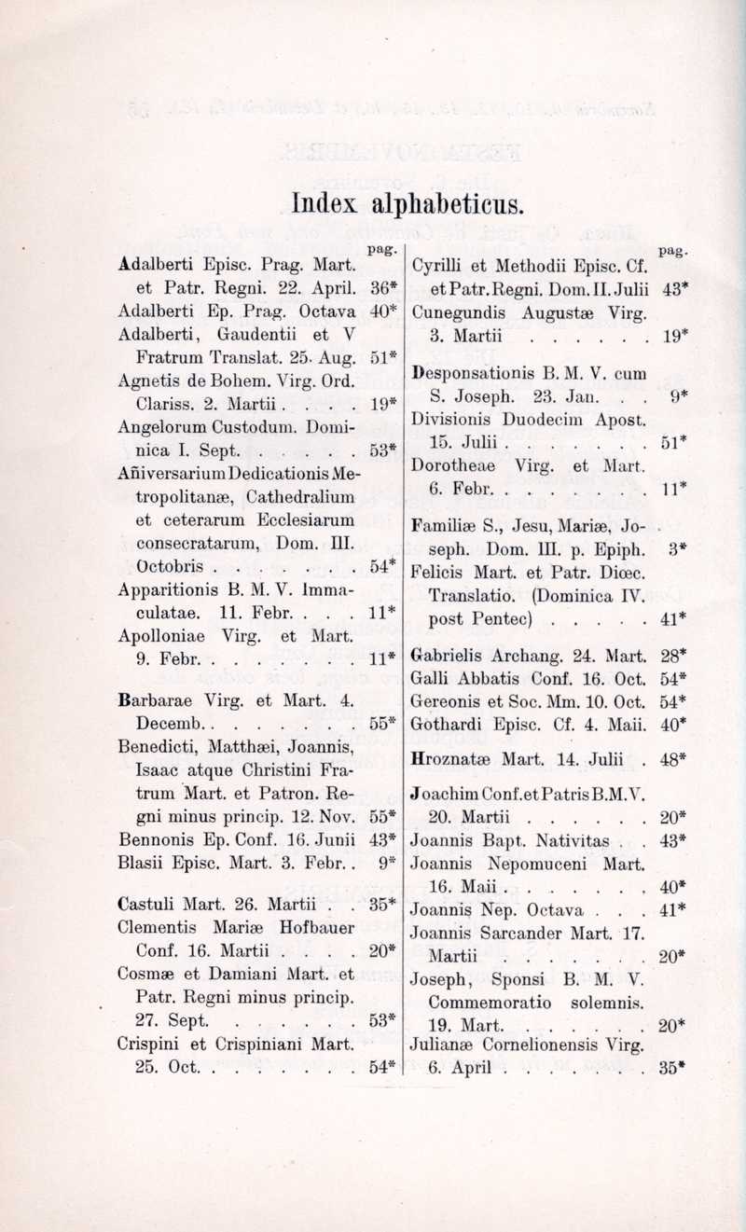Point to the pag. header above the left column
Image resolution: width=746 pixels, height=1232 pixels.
coord(377,249)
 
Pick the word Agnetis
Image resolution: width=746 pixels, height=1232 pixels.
coord(149,381)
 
